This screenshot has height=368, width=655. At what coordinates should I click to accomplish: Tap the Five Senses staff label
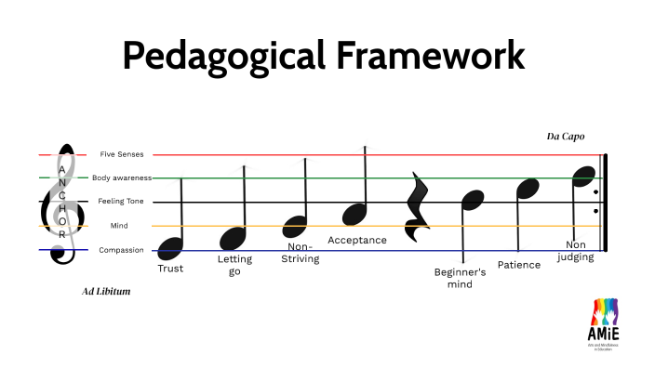tap(121, 154)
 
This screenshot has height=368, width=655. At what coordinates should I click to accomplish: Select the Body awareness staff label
tap(121, 177)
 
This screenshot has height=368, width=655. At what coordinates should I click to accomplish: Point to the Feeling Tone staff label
tap(121, 202)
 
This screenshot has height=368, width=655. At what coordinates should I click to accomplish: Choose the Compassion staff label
tap(121, 250)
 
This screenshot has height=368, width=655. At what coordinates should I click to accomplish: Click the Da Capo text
tap(566, 137)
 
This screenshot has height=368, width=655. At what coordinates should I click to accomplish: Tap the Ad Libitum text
tap(106, 292)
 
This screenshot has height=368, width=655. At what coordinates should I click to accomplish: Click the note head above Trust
tap(170, 247)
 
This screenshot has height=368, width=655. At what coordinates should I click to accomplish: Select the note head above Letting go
tap(233, 238)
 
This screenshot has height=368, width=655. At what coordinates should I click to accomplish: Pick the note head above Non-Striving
tap(295, 226)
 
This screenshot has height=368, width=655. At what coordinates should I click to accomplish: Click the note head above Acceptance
tap(355, 215)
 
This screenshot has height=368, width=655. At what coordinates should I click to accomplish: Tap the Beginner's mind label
tap(461, 278)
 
